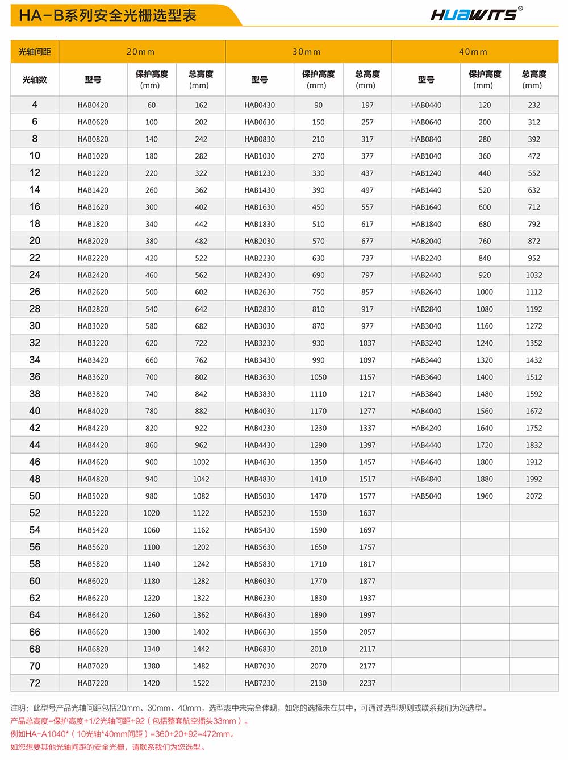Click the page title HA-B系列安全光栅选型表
(x=107, y=15)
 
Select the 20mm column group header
(x=141, y=52)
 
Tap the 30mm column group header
(x=307, y=52)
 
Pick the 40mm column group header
(x=473, y=52)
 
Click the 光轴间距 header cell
(x=35, y=52)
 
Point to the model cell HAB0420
(x=93, y=105)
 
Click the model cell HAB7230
(x=260, y=683)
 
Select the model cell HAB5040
(x=426, y=496)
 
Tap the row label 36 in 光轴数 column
(x=35, y=377)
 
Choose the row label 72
(x=35, y=683)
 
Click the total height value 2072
(x=534, y=496)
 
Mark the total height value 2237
(x=367, y=683)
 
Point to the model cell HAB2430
(x=260, y=275)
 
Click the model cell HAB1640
(x=426, y=207)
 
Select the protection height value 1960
(x=485, y=496)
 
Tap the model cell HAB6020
(x=93, y=581)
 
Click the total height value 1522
(x=201, y=683)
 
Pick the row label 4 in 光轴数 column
(x=35, y=105)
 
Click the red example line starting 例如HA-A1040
(x=123, y=734)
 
